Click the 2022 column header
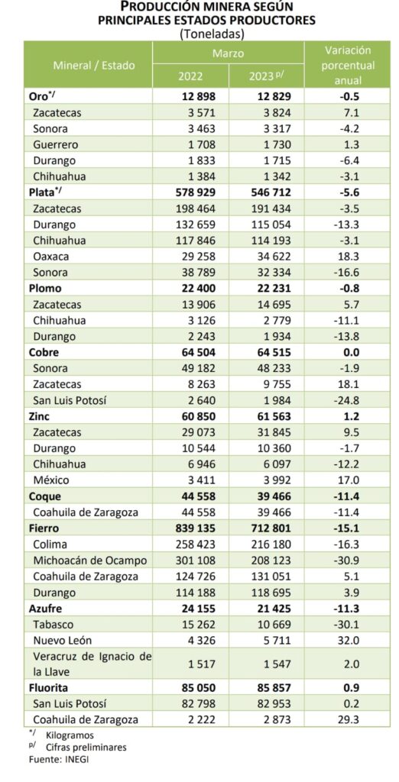(191, 77)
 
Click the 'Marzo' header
(229, 53)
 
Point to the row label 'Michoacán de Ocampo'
(90, 561)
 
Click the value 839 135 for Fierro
(193, 528)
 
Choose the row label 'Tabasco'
(53, 625)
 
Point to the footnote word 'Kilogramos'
(70, 735)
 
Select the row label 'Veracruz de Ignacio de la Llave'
(92, 664)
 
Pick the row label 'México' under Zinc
(51, 480)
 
